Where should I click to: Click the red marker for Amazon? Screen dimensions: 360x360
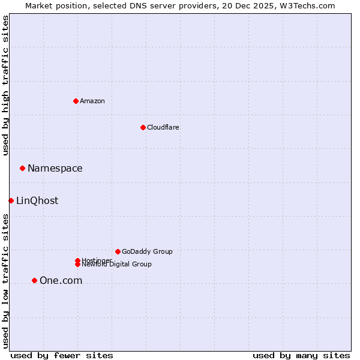[x=76, y=101]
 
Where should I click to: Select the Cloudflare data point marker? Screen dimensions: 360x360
[x=143, y=127]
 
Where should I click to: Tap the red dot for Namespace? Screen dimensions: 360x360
[x=22, y=168]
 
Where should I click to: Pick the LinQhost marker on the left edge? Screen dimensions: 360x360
[x=11, y=200]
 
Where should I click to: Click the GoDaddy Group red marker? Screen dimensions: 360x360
[x=118, y=251]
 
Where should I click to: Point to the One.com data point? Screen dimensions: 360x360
[x=34, y=280]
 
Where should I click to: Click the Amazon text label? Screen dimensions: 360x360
[x=92, y=101]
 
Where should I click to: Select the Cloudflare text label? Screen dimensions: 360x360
[x=163, y=127]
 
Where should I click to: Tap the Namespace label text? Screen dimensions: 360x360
[x=55, y=169]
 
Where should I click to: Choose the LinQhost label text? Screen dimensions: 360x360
[x=37, y=201]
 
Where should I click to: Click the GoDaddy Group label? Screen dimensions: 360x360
[x=147, y=251]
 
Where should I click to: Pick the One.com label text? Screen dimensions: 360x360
[x=61, y=281]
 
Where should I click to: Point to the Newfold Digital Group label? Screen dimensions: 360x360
[x=117, y=264]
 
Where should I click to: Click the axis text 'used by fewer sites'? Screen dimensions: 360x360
[x=62, y=355]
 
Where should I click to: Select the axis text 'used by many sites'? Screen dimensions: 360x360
[x=301, y=355]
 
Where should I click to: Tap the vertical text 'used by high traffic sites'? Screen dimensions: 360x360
[x=5, y=85]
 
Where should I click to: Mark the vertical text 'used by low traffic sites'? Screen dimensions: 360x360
[x=5, y=281]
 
